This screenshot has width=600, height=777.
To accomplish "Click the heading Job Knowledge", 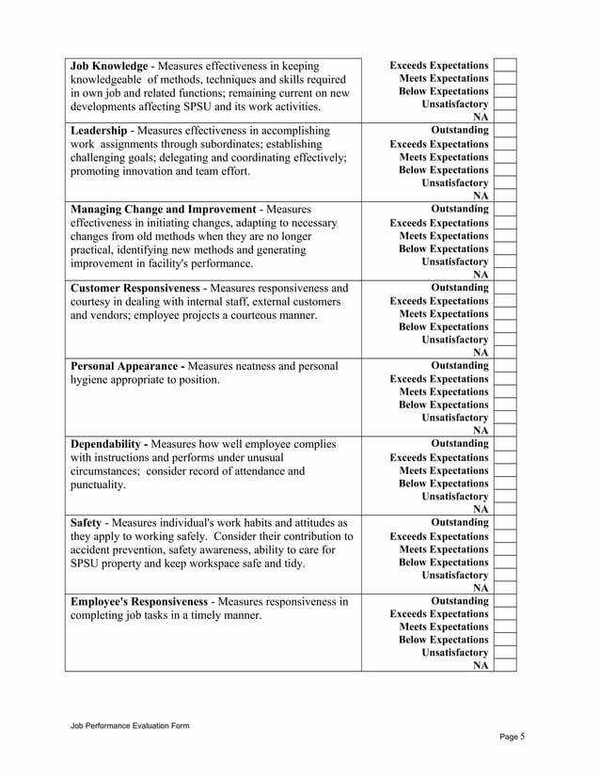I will coord(109,66).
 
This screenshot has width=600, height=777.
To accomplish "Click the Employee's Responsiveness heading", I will coord(139,601).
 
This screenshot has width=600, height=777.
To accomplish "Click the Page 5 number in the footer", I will coord(512,737).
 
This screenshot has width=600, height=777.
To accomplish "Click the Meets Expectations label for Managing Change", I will coord(444,235).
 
